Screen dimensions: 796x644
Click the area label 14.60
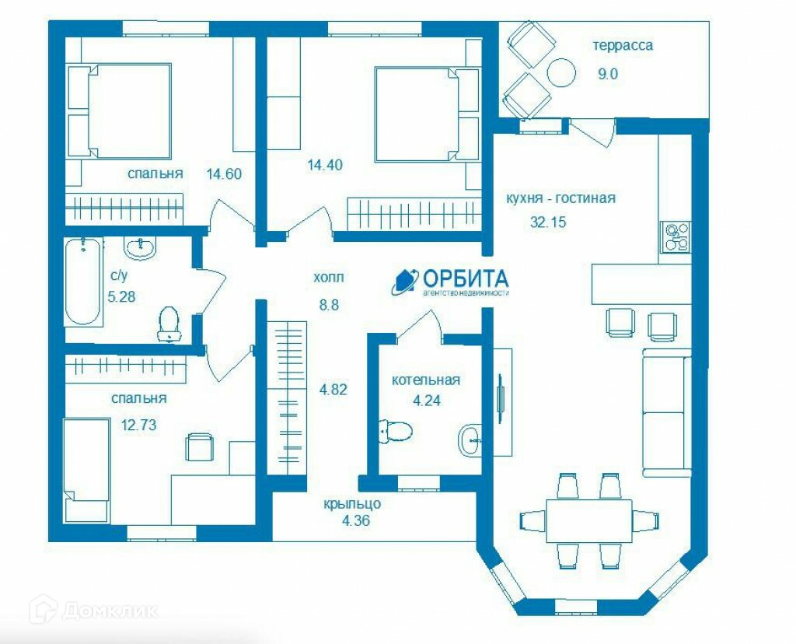tap(224, 174)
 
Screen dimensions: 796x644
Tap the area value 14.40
tap(325, 165)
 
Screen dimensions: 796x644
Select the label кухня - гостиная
tap(560, 198)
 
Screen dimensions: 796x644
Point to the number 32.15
tap(548, 222)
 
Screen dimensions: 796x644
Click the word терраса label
tap(623, 46)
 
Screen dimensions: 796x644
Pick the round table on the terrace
tap(561, 73)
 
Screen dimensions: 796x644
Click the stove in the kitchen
tap(676, 238)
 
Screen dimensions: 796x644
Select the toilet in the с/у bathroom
tap(169, 324)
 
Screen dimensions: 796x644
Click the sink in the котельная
tap(471, 439)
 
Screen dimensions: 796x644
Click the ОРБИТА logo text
tap(466, 278)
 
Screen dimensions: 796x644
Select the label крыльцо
tap(353, 504)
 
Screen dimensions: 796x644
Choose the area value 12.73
tap(138, 424)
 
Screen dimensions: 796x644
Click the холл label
tap(329, 278)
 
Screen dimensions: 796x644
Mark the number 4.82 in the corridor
tap(333, 390)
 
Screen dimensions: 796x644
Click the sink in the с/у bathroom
tap(141, 248)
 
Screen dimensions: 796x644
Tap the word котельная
tap(425, 380)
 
